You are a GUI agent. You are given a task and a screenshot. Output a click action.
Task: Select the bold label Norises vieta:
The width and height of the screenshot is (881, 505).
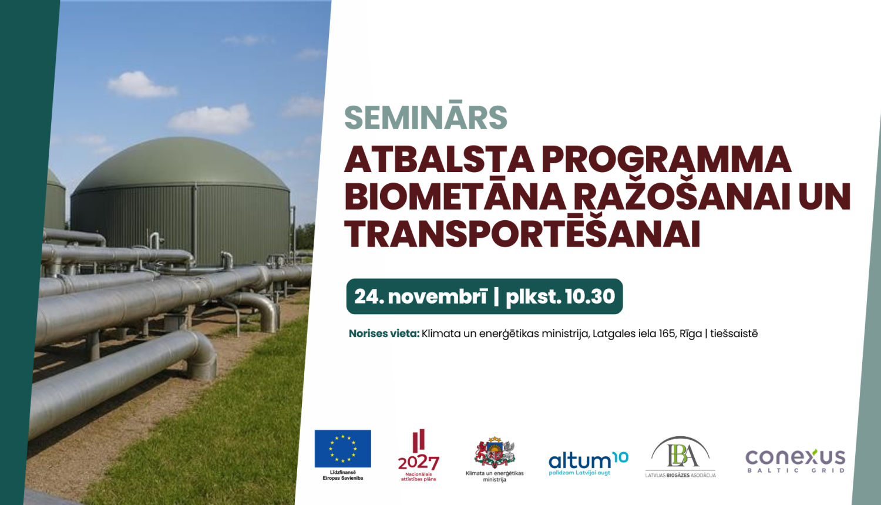pyautogui.click(x=384, y=334)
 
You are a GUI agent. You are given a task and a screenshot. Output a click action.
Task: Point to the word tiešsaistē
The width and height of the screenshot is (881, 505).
pyautogui.click(x=734, y=334)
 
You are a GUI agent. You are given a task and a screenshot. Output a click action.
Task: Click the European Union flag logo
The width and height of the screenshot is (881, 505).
pyautogui.click(x=342, y=449)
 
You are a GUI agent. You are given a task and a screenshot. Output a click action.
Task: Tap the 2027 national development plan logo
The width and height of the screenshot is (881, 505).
pyautogui.click(x=418, y=456)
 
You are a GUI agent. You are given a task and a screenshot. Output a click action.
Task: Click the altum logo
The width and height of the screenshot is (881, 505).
pyautogui.click(x=588, y=463)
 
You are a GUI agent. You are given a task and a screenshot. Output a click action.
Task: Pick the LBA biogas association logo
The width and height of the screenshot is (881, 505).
pyautogui.click(x=680, y=457)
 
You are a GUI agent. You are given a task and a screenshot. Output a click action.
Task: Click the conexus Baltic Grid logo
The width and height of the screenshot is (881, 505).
pyautogui.click(x=795, y=460)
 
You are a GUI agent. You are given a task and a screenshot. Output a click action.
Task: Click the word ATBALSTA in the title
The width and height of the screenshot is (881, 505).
pyautogui.click(x=439, y=160)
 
